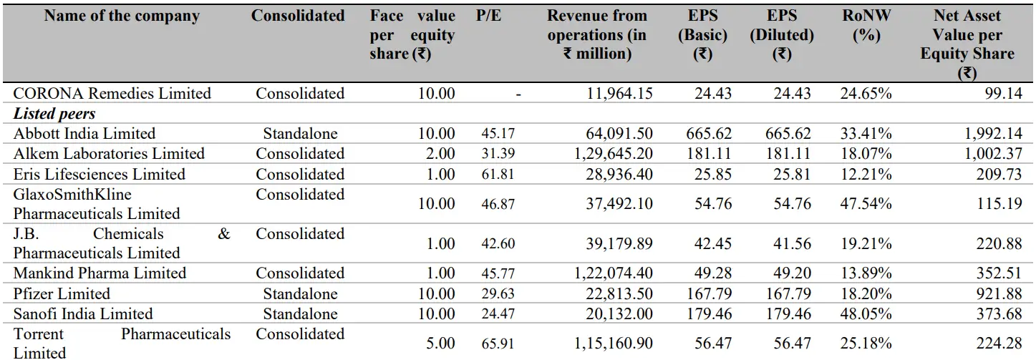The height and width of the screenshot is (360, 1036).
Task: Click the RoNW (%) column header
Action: [x=866, y=26]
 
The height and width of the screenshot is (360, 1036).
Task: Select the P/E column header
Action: [x=488, y=16]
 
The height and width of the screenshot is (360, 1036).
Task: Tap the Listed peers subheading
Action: [x=54, y=113]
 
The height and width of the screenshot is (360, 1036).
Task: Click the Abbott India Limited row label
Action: [x=84, y=133]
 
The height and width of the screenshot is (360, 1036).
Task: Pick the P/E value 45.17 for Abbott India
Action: [x=498, y=134]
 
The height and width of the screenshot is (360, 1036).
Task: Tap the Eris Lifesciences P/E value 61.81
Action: [x=498, y=175]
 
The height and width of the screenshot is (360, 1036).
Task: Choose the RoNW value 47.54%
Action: [x=867, y=204]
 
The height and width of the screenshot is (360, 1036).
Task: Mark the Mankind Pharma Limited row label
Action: [x=100, y=273]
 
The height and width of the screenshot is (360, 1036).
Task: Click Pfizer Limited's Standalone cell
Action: [x=300, y=294]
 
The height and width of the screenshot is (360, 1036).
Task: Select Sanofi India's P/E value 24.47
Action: [x=498, y=314]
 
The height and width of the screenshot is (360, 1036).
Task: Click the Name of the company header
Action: [x=122, y=16]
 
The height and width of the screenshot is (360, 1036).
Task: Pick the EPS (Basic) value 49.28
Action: [x=712, y=273]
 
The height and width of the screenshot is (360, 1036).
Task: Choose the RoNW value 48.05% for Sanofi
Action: [x=867, y=314]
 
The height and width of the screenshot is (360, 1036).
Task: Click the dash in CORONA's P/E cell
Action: [x=518, y=94]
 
